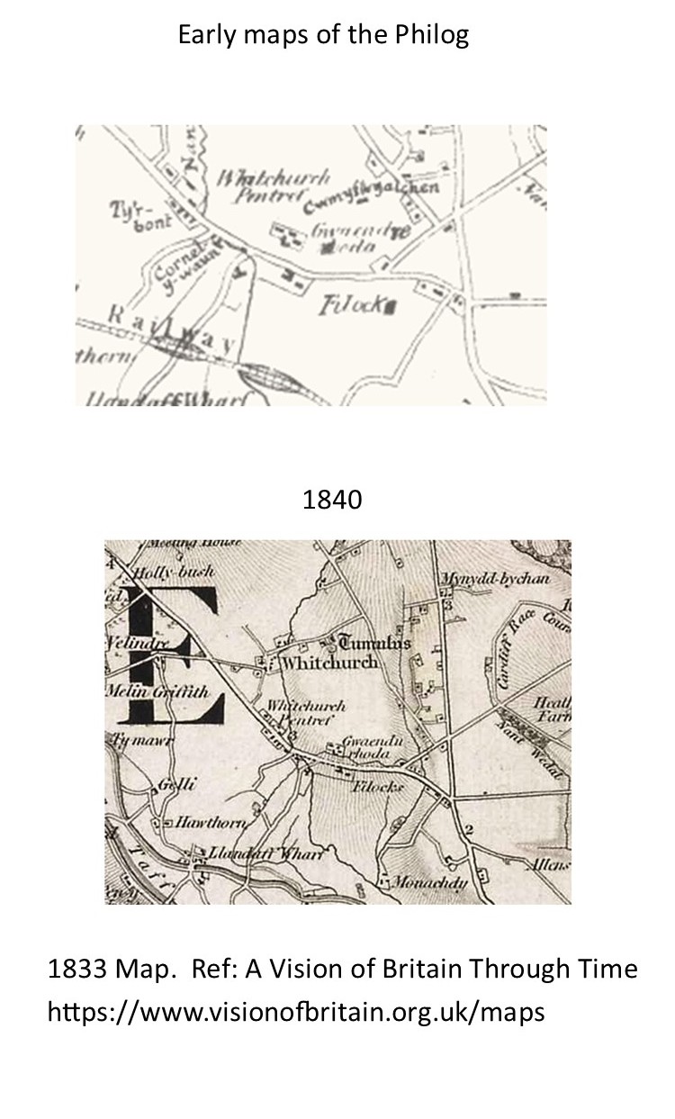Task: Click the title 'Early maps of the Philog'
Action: click(x=323, y=36)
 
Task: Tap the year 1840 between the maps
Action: click(x=332, y=500)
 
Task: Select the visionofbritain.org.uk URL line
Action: click(x=296, y=1011)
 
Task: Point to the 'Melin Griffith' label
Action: click(x=145, y=693)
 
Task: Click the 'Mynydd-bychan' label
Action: click(x=495, y=579)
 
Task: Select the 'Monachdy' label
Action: click(x=430, y=883)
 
